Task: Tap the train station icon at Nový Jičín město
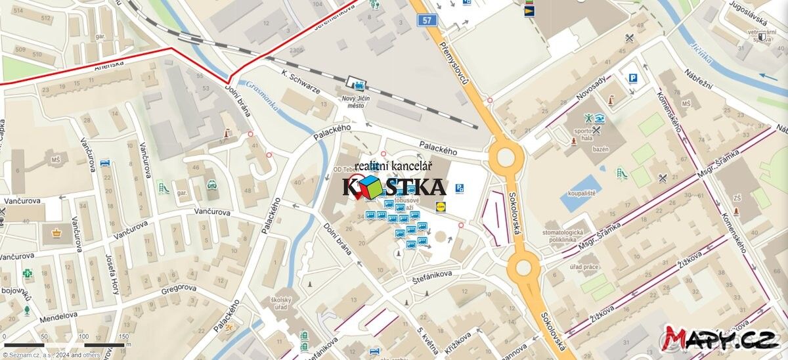359,84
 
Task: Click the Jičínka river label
701,52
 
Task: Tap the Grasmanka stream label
262,96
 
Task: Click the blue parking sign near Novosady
632,78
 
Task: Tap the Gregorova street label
179,289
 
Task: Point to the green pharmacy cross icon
27,273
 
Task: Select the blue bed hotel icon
105,163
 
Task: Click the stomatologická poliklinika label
563,236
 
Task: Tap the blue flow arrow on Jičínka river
768,76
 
